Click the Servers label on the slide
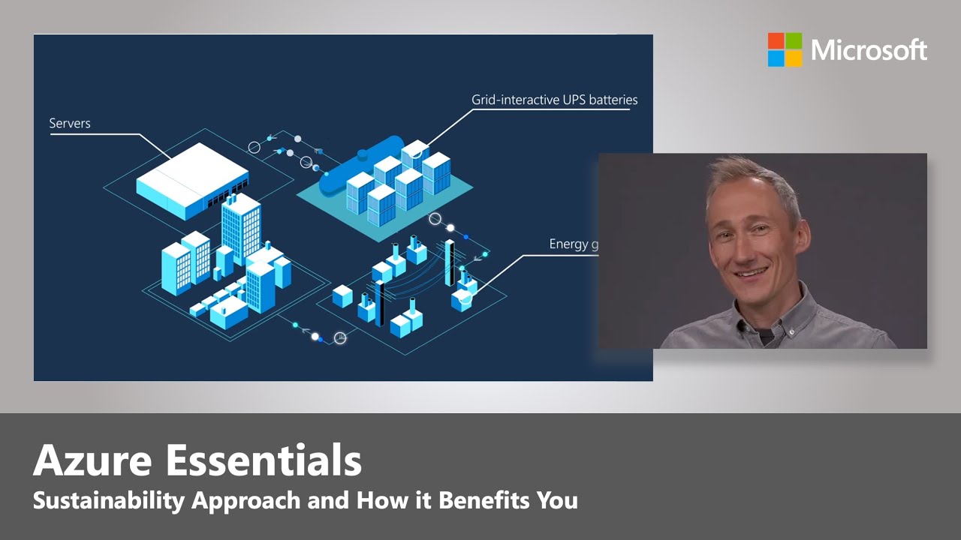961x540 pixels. click(70, 123)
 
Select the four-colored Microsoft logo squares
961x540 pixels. click(785, 49)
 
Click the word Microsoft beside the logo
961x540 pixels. click(869, 50)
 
